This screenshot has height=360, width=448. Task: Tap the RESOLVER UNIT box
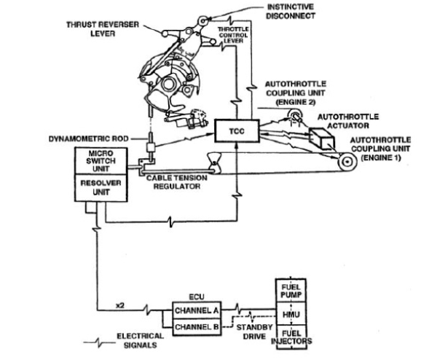(x=102, y=189)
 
